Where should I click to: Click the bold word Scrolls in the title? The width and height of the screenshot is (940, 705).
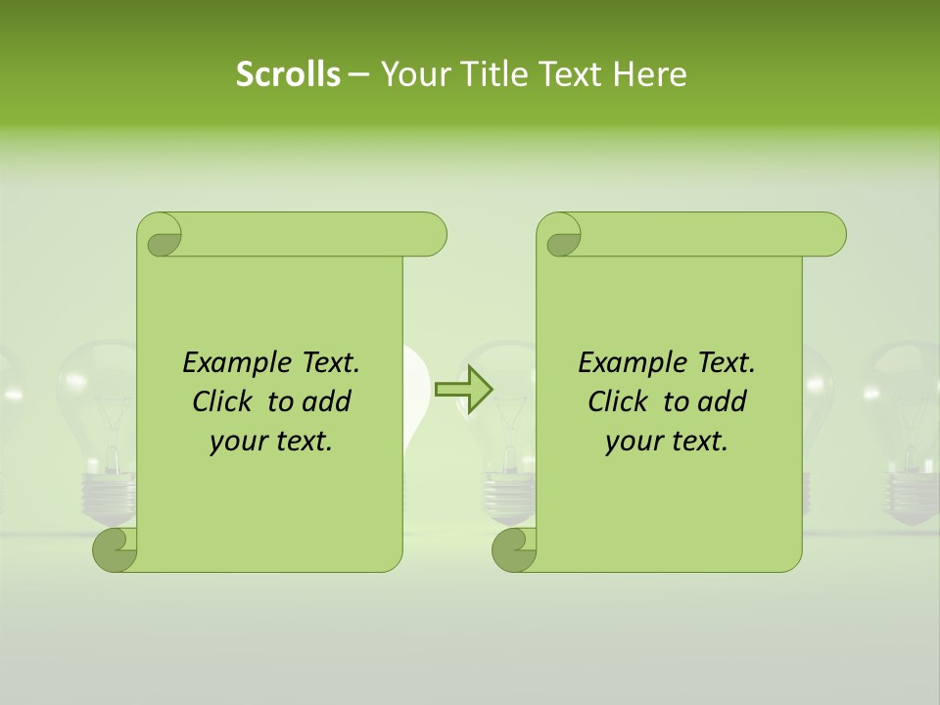coord(288,73)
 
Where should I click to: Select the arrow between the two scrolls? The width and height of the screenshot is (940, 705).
coord(464,389)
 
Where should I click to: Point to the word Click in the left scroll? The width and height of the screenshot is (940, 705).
coord(225,401)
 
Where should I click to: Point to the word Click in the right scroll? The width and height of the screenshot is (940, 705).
coord(621,401)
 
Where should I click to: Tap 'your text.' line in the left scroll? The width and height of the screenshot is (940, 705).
coord(271,442)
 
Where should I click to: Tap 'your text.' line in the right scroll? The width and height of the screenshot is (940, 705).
coord(667,442)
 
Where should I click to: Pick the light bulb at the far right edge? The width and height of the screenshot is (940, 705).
coord(906,431)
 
